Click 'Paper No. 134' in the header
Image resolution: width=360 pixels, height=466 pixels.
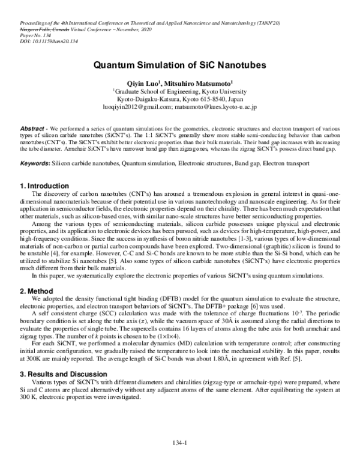27,35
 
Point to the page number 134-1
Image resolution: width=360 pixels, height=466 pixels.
179,443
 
